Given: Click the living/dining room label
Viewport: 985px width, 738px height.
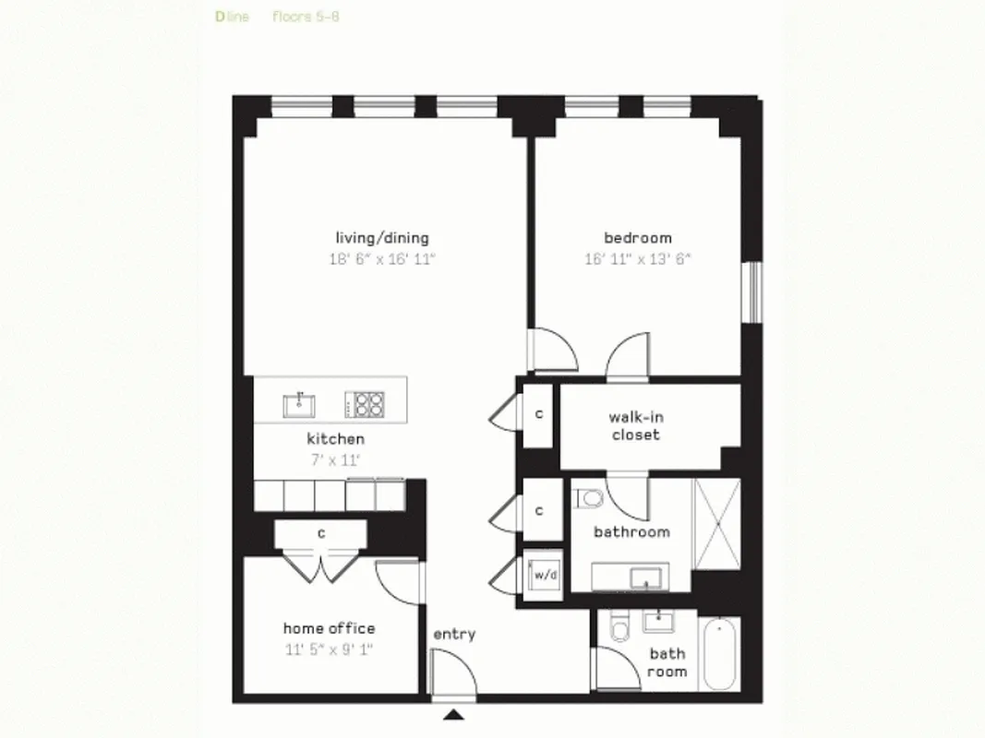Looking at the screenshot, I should point(381,238).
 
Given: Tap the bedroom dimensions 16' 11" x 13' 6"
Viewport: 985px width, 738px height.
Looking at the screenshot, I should point(637,259).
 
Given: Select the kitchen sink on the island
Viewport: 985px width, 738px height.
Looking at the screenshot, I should point(298,403).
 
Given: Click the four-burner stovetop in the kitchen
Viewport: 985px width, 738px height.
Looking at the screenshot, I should point(365,403).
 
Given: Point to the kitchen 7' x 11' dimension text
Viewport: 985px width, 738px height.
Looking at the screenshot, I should point(335,458).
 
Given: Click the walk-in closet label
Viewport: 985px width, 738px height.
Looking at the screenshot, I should point(635,425).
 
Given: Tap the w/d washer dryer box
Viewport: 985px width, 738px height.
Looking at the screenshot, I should point(543,575).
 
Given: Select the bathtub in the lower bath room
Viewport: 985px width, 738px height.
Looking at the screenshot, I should point(720,655).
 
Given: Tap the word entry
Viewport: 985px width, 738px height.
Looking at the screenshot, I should point(454,634).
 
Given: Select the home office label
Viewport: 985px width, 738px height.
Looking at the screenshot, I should point(329,628).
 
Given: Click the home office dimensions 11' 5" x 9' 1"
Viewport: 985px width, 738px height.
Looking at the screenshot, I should point(329,649).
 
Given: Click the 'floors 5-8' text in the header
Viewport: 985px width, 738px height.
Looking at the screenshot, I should point(306,16).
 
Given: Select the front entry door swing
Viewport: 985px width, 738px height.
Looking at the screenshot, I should point(453,672).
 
